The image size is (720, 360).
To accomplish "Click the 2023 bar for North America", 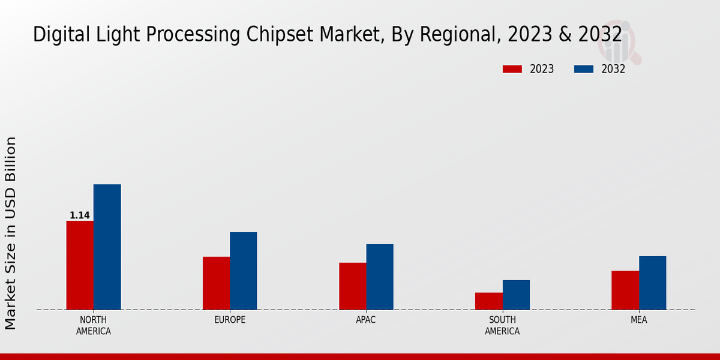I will (80, 265).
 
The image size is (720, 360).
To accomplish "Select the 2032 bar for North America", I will (107, 247).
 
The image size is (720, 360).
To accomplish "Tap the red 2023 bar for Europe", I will (216, 283).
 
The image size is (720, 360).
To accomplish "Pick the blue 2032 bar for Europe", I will (243, 271).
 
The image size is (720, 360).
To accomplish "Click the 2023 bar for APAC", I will (352, 286).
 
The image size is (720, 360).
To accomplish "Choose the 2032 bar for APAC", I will (380, 277).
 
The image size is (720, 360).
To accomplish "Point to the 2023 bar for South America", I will (488, 301).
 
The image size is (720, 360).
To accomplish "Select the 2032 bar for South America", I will (516, 295).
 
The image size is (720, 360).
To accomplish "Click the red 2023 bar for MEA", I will (625, 290).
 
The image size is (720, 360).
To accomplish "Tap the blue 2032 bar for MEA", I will (652, 283).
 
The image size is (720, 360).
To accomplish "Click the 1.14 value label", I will (80, 215).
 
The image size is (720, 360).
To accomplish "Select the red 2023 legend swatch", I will (512, 69).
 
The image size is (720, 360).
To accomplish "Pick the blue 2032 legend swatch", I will (584, 69).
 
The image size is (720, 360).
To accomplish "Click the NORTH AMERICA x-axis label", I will (94, 325).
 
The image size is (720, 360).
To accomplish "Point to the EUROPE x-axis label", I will (230, 320).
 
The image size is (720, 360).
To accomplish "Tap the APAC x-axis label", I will (366, 320).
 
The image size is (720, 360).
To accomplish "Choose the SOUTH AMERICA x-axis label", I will (502, 325).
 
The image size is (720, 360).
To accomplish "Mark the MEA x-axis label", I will (638, 320).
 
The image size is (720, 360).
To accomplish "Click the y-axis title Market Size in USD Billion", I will (11, 233).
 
